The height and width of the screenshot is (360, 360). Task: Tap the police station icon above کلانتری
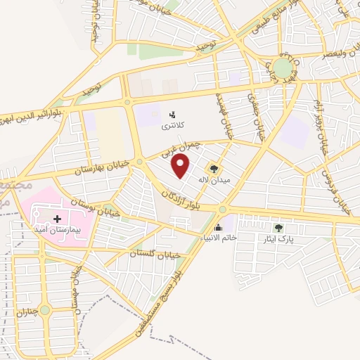click(172, 113)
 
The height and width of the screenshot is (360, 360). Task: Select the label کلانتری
click(173, 124)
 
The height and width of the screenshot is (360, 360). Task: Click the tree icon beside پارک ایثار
click(279, 228)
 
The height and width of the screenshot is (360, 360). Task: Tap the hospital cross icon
click(58, 219)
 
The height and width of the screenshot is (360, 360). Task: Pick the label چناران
click(25, 309)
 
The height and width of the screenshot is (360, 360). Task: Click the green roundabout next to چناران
click(45, 309)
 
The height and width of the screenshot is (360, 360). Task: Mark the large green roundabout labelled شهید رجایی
click(282, 67)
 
